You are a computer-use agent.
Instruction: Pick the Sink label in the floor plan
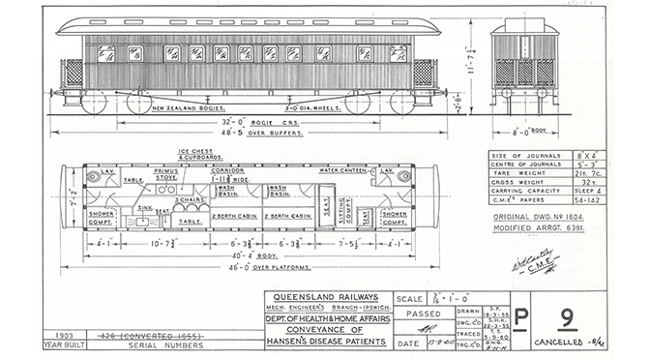click(142, 207)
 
